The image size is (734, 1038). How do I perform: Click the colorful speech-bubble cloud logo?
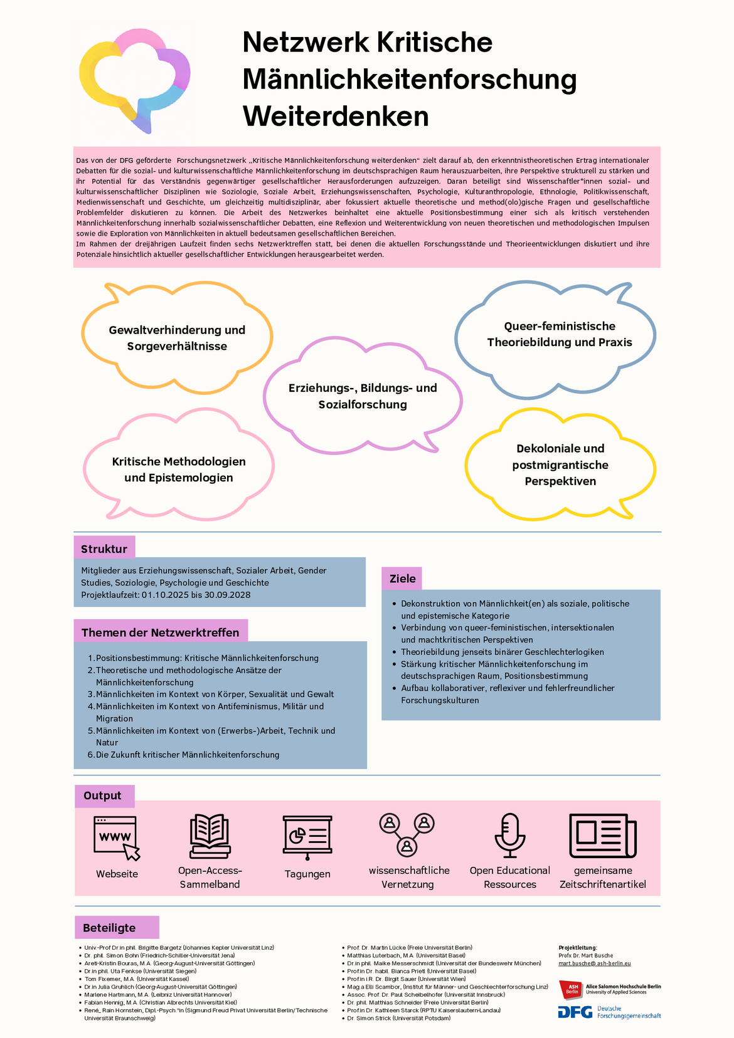click(134, 79)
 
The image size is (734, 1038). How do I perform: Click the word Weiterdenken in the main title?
click(336, 117)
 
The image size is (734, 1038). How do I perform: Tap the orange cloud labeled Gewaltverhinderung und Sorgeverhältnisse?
click(177, 338)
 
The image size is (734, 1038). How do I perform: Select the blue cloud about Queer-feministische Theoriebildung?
click(559, 334)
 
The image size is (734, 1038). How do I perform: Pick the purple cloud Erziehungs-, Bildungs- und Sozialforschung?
click(363, 396)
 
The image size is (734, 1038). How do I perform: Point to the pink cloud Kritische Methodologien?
click(179, 469)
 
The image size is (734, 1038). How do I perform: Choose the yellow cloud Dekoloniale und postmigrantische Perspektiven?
click(560, 464)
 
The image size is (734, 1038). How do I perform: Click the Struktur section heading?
click(104, 549)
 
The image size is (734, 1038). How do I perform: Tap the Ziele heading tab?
click(402, 579)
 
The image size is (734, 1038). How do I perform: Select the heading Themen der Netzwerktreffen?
click(161, 632)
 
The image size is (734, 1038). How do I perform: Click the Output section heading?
click(103, 795)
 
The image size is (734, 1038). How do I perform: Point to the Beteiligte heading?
click(109, 928)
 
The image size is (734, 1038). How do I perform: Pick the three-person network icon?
click(407, 834)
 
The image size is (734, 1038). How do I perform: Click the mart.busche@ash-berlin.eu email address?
click(595, 963)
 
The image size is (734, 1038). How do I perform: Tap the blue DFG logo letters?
click(575, 1012)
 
